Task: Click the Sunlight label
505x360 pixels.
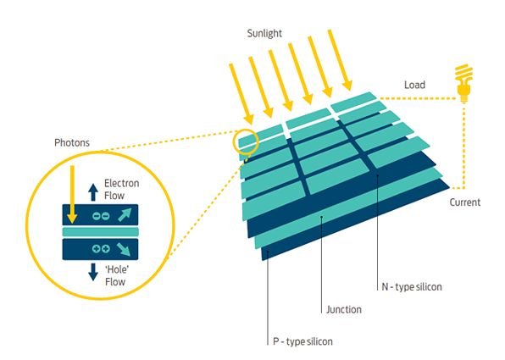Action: click(x=264, y=34)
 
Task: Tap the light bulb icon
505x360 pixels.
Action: click(x=463, y=83)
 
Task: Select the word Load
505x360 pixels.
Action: click(x=414, y=85)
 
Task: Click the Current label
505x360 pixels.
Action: click(x=464, y=202)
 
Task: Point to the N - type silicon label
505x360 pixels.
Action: click(x=412, y=287)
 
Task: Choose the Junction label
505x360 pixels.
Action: click(x=344, y=310)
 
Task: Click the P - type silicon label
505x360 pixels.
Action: click(x=302, y=341)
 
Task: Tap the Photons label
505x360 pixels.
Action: click(x=72, y=142)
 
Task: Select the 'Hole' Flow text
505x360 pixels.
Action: click(x=117, y=275)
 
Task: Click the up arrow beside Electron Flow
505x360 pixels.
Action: click(x=93, y=192)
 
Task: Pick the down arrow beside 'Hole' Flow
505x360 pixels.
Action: click(x=93, y=272)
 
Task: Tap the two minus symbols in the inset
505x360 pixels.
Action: click(x=101, y=216)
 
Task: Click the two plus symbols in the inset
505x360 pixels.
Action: click(x=101, y=248)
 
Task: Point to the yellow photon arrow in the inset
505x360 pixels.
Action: click(x=73, y=195)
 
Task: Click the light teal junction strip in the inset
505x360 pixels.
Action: click(x=101, y=232)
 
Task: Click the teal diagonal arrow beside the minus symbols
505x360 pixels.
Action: click(x=125, y=215)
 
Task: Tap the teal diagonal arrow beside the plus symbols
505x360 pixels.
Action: click(x=124, y=249)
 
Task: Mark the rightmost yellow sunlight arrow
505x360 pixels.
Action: click(x=340, y=60)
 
